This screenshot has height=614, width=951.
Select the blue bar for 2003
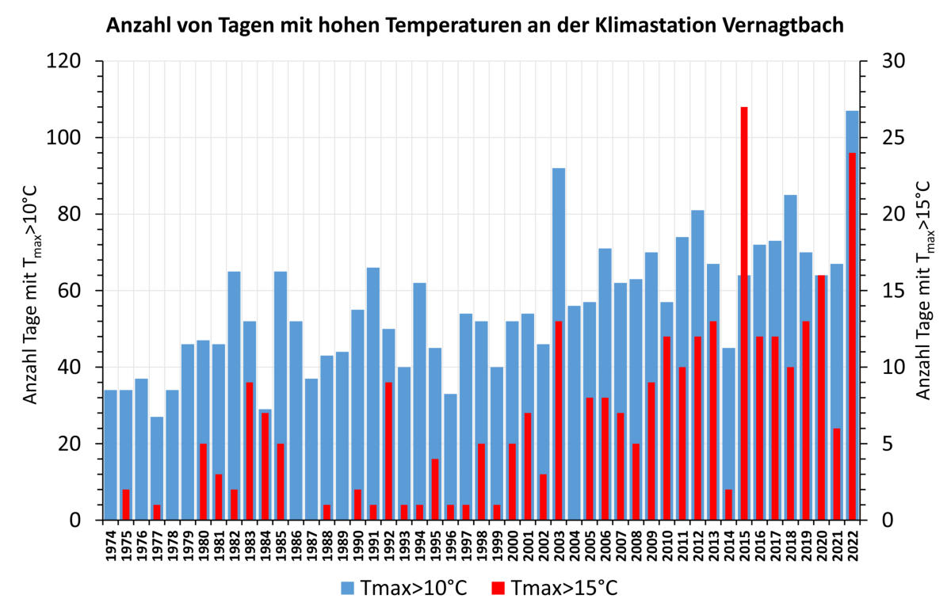point(559,238)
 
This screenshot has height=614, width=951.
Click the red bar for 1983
point(249,452)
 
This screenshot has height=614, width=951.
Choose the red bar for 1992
point(388,452)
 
